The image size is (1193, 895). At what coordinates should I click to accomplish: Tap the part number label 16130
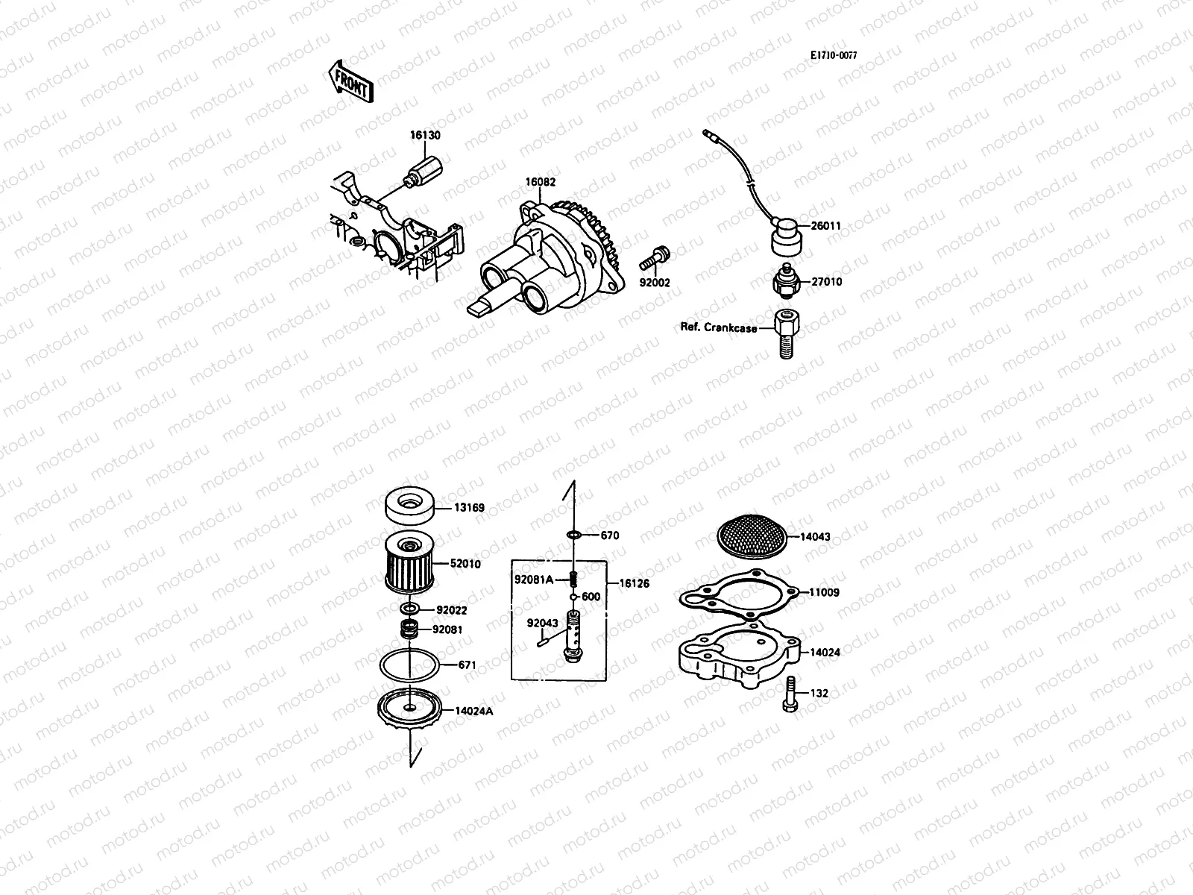click(x=424, y=135)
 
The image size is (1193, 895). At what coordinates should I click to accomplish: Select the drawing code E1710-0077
click(x=834, y=55)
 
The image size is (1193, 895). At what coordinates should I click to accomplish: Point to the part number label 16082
click(x=540, y=182)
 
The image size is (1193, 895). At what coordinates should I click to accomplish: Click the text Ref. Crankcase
click(x=718, y=327)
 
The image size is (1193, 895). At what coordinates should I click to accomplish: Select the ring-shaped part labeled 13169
click(x=409, y=508)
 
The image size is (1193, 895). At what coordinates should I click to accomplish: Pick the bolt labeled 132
click(x=790, y=694)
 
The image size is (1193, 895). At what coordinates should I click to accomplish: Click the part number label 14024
click(x=825, y=652)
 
